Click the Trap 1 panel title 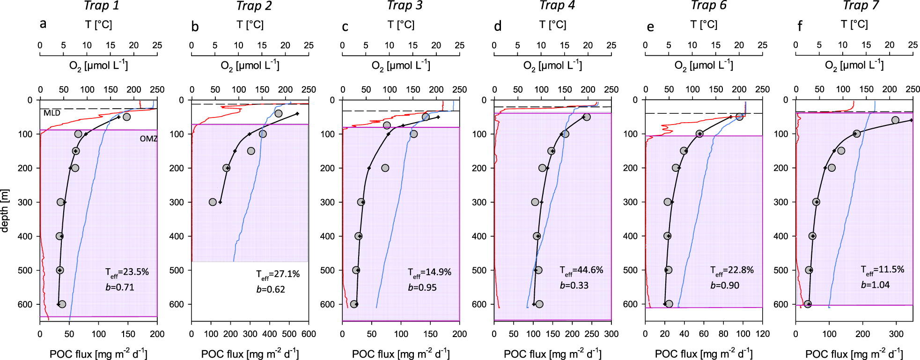(x=102, y=6)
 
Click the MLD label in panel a (x=52, y=113)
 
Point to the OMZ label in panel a (x=148, y=139)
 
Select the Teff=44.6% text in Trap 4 (x=581, y=271)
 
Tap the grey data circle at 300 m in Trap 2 (x=213, y=202)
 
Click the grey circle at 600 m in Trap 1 (x=62, y=304)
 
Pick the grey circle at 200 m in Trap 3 (x=385, y=168)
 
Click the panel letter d (x=498, y=26)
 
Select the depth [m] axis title (x=5, y=211)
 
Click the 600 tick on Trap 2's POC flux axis (x=309, y=334)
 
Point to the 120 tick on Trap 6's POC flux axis (x=763, y=334)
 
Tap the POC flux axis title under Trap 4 (x=552, y=354)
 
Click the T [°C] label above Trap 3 (x=401, y=24)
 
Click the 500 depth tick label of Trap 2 (x=177, y=271)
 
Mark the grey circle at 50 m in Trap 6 (x=739, y=117)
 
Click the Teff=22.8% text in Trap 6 (x=732, y=271)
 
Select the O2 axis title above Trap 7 (x=854, y=66)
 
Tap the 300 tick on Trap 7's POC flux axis (x=896, y=334)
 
